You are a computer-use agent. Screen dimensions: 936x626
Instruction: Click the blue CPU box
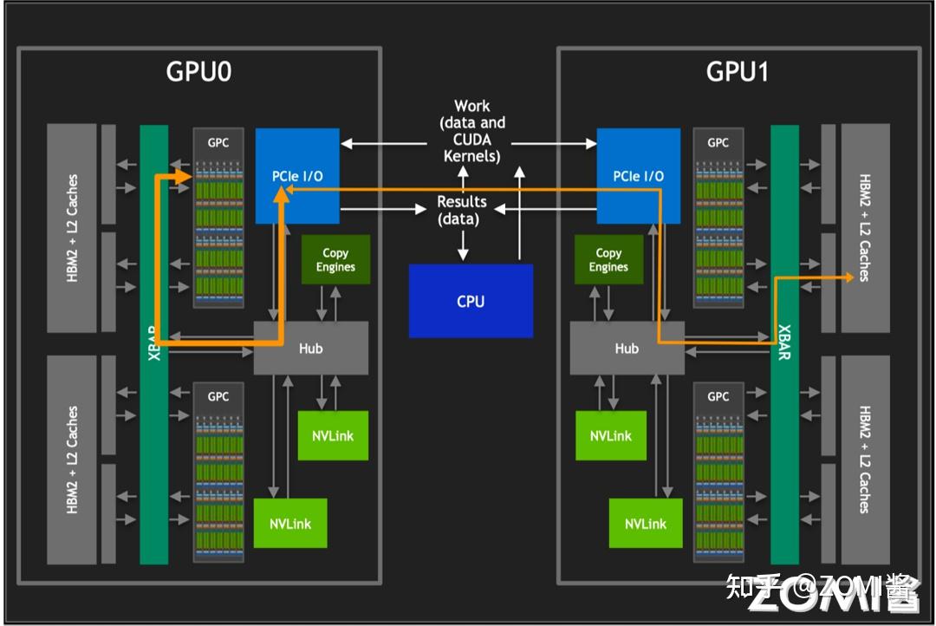click(471, 301)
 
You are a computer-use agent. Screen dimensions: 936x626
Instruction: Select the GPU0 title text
click(198, 72)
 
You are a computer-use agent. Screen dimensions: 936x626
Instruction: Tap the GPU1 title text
click(738, 72)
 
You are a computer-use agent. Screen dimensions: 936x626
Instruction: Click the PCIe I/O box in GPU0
click(297, 176)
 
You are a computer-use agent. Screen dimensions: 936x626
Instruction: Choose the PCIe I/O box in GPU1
click(638, 176)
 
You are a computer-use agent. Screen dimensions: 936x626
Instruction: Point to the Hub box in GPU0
click(310, 349)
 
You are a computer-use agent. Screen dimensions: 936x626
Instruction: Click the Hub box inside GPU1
click(627, 349)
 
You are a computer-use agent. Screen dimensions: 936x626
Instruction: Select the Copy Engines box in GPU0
click(335, 259)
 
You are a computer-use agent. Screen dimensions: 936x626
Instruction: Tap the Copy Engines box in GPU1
click(609, 259)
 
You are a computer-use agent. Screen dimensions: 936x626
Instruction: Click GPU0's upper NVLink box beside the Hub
click(333, 435)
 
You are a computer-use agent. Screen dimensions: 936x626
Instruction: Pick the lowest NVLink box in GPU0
click(290, 524)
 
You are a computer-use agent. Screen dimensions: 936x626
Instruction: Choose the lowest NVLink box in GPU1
click(646, 524)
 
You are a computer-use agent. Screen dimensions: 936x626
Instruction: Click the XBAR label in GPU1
click(784, 342)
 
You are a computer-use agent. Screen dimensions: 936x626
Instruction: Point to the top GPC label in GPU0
click(218, 143)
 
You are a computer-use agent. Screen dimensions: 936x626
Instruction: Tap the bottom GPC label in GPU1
click(718, 396)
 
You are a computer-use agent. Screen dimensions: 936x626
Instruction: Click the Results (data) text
click(461, 211)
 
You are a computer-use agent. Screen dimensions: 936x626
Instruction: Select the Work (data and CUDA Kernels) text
click(472, 131)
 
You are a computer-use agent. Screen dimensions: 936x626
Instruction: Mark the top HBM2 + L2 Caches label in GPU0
click(72, 227)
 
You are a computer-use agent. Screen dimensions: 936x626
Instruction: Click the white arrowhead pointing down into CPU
click(463, 254)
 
